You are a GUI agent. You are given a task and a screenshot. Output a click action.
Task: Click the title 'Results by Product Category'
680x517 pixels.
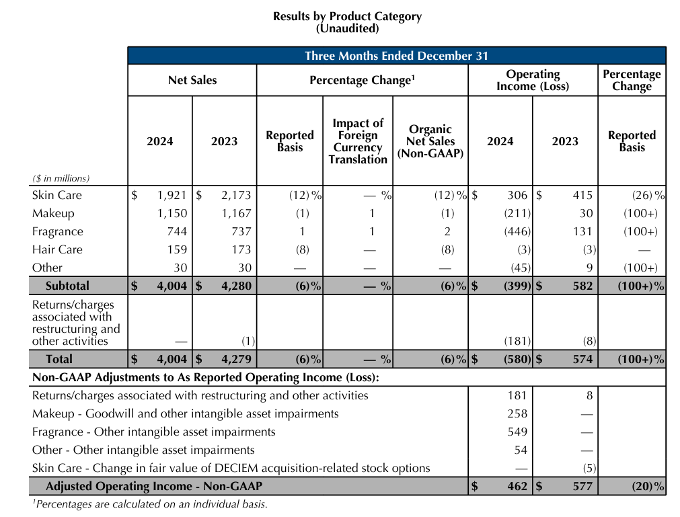(x=347, y=16)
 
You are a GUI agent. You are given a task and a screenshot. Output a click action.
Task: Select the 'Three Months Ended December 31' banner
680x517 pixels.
(x=396, y=56)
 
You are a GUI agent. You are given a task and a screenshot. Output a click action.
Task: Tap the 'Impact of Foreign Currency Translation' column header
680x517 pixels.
(x=358, y=141)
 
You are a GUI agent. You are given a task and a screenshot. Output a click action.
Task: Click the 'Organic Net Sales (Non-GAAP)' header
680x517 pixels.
(x=430, y=141)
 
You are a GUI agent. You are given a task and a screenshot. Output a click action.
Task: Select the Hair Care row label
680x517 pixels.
(x=57, y=250)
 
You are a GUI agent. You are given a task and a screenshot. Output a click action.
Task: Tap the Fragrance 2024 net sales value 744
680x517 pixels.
(x=175, y=232)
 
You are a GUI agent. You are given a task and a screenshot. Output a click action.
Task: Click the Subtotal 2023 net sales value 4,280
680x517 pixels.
(x=235, y=286)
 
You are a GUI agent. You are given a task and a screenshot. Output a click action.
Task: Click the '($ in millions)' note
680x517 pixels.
(x=61, y=179)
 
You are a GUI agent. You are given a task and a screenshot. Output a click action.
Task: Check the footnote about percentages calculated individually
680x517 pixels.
(x=149, y=504)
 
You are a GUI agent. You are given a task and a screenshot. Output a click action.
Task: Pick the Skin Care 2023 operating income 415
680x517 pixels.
(x=582, y=196)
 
